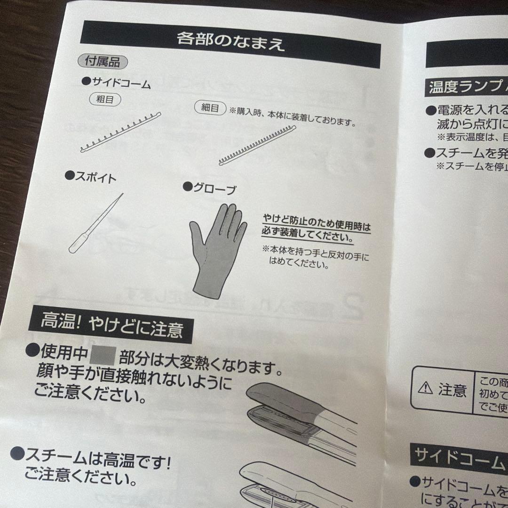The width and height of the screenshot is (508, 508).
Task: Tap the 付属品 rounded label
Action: pos(103,61)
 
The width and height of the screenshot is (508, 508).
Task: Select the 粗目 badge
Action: pos(105,99)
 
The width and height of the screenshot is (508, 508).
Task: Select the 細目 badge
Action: pos(210,108)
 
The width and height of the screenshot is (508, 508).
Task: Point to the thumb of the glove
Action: pos(198,235)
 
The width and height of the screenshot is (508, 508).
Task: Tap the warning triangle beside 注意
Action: pos(425,389)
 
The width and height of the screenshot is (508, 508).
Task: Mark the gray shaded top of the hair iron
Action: pos(287,400)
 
